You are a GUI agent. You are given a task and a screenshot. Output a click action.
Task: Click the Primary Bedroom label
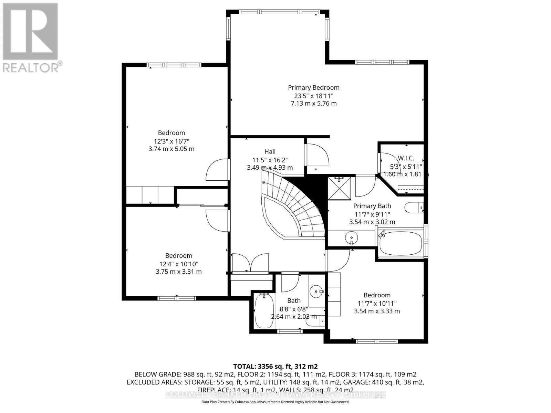coord(314,88)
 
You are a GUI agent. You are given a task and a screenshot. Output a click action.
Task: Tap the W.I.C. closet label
coord(406,158)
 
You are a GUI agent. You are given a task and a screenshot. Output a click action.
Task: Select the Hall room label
coord(270,151)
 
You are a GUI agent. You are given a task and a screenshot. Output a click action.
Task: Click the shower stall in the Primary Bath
coord(339,188)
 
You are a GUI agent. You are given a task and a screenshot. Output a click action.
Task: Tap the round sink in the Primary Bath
coord(352,237)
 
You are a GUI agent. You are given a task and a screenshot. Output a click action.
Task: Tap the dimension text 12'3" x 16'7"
coord(171,141)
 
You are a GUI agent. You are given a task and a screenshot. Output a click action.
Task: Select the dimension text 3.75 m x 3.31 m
coord(178,272)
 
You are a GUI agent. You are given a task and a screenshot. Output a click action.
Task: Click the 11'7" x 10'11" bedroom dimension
coord(377,304)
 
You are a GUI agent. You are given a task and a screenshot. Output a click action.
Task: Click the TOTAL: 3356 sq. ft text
coord(275,366)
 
